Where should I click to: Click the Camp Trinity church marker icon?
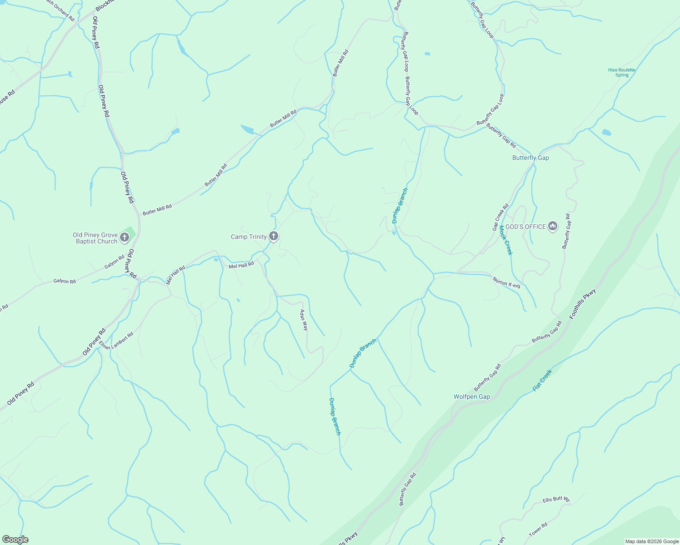[x=274, y=236]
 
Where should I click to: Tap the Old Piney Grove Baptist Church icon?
[x=125, y=237]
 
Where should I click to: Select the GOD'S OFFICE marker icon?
[x=553, y=226]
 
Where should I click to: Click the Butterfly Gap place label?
[x=530, y=158]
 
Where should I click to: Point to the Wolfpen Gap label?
[x=472, y=396]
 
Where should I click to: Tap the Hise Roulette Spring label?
[x=622, y=72]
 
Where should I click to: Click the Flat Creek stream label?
[x=542, y=380]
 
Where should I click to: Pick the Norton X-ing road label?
[x=506, y=282]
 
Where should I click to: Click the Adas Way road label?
[x=304, y=320]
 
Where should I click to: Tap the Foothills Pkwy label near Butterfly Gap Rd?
[x=582, y=303]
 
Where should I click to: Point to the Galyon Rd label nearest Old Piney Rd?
[x=115, y=262]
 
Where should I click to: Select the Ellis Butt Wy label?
[x=556, y=500]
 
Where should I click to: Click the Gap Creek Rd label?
[x=500, y=217]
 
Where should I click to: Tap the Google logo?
[x=15, y=540]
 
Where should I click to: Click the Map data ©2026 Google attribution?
[x=651, y=541]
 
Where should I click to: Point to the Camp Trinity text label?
[x=249, y=237]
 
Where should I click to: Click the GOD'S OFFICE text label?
[x=525, y=226]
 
